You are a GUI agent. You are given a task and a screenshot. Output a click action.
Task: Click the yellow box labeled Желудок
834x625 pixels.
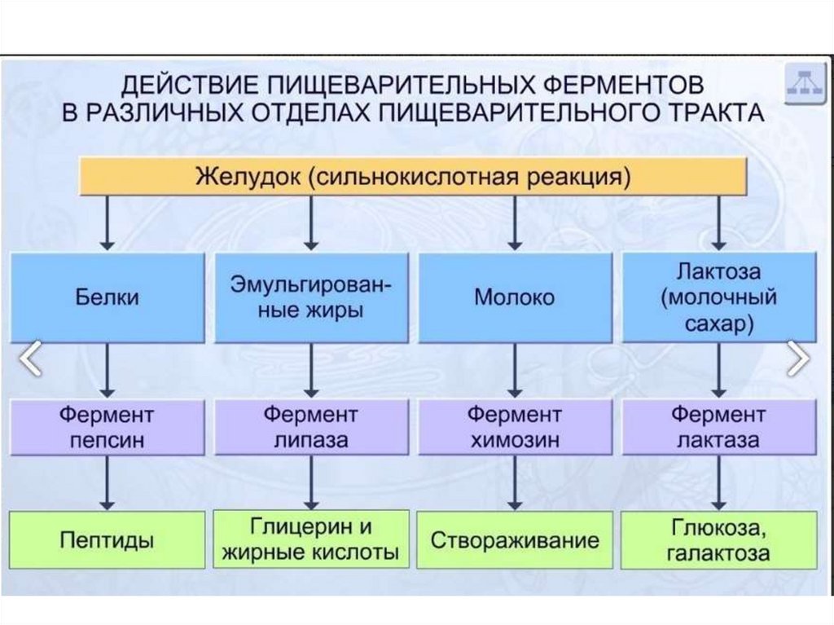click(x=413, y=176)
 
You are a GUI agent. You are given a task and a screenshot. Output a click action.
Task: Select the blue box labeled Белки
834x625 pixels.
click(x=107, y=297)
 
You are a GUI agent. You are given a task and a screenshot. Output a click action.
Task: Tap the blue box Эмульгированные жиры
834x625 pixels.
click(x=310, y=297)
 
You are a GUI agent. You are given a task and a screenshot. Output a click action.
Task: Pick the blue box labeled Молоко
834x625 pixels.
click(x=514, y=297)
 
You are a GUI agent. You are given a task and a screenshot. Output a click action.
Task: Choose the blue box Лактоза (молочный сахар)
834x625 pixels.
click(x=718, y=297)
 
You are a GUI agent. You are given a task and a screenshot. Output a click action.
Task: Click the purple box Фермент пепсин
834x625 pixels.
click(x=107, y=428)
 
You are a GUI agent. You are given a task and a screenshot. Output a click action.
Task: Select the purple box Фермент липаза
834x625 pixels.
click(x=310, y=428)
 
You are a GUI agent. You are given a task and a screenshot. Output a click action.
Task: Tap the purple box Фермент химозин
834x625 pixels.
click(x=514, y=428)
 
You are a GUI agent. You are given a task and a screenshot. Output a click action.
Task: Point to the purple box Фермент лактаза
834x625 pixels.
click(x=718, y=428)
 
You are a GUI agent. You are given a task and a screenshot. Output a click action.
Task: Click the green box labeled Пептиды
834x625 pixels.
click(x=107, y=539)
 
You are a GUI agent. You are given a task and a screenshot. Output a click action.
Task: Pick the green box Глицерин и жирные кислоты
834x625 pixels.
click(x=310, y=539)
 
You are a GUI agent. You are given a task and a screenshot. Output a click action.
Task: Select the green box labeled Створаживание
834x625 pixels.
click(x=514, y=539)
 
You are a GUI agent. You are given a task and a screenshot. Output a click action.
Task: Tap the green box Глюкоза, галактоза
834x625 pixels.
click(x=718, y=539)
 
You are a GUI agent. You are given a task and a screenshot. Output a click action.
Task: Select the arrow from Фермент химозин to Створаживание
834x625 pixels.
click(x=514, y=484)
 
